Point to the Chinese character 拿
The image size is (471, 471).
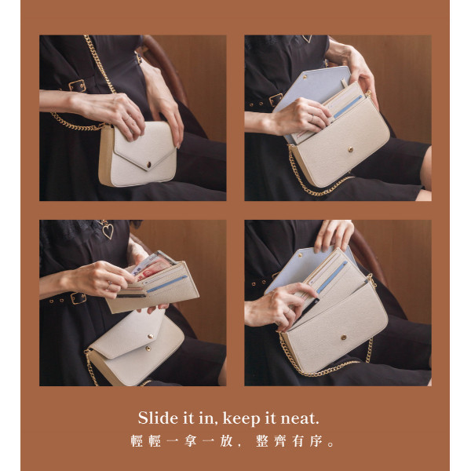point(191,441)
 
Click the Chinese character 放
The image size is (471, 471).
point(227,441)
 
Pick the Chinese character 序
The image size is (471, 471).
point(316,441)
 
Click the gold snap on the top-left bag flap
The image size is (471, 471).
point(148,165)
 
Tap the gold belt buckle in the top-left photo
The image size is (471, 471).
point(77,86)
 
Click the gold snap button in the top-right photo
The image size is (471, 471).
point(350,149)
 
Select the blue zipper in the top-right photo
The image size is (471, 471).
point(348,107)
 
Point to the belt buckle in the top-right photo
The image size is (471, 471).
point(276,100)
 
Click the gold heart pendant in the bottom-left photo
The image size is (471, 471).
point(108,230)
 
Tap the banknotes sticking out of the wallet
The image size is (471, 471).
point(152,265)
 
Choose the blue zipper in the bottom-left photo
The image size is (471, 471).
point(166,284)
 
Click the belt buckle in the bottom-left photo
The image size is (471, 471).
point(78,298)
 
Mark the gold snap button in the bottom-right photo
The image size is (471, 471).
point(343,338)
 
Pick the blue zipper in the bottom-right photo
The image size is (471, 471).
point(332,277)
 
